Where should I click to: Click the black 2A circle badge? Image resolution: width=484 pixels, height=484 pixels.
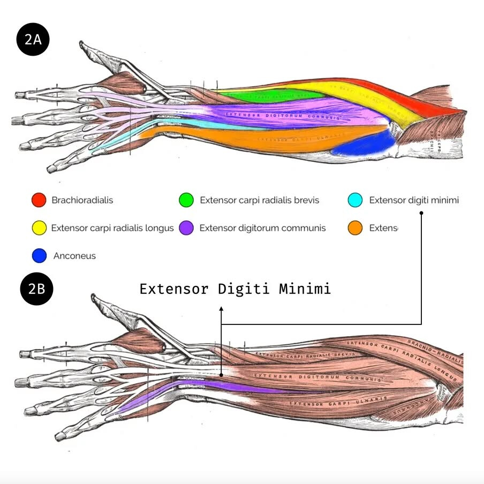[x=33, y=40]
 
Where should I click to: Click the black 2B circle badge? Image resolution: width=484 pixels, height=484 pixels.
[x=36, y=289]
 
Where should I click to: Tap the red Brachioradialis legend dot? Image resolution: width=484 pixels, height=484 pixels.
[x=39, y=200]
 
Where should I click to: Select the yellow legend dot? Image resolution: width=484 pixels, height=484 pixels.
[x=39, y=228]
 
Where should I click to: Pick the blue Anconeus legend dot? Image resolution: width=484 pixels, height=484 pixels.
[x=39, y=256]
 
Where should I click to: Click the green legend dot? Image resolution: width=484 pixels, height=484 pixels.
[x=186, y=200]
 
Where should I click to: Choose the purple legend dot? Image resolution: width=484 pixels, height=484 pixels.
[x=186, y=228]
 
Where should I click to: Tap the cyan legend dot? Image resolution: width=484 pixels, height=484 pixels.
[x=356, y=200]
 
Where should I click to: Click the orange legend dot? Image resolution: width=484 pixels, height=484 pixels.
[x=356, y=228]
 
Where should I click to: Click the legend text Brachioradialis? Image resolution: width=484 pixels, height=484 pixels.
[x=82, y=200]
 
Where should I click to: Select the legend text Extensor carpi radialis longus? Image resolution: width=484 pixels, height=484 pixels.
[x=112, y=228]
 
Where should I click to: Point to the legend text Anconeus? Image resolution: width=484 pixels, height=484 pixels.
[x=74, y=256]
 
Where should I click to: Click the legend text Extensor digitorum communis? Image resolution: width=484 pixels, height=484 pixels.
[x=262, y=228]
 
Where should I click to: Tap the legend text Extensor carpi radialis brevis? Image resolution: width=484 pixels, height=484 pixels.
[x=259, y=200]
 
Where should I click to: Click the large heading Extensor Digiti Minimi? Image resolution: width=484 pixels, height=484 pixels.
[x=235, y=289]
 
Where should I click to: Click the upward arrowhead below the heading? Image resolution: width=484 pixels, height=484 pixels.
[x=221, y=309]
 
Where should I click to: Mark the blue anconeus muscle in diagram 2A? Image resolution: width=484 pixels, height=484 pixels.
[x=364, y=145]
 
